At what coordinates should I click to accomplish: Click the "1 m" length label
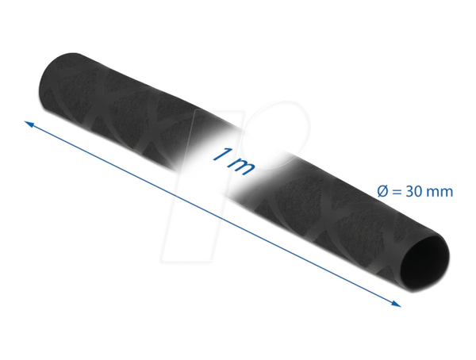(233, 161)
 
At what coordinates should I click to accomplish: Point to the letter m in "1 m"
(242, 167)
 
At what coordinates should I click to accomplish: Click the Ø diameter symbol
(382, 192)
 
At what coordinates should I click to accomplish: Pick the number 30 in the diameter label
(414, 192)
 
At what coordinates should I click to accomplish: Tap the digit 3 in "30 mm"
(409, 192)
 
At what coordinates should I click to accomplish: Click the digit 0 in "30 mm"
(418, 192)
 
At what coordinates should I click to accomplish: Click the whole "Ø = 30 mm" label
(415, 192)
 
